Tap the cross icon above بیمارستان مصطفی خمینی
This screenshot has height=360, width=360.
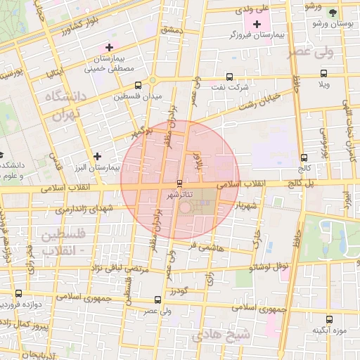[x=108, y=47]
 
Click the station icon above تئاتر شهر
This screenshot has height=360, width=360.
[x=179, y=183]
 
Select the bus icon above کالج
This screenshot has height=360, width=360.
[x=304, y=157]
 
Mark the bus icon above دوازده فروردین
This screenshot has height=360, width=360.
[x=18, y=294]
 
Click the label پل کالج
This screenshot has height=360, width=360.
[x=302, y=183]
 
